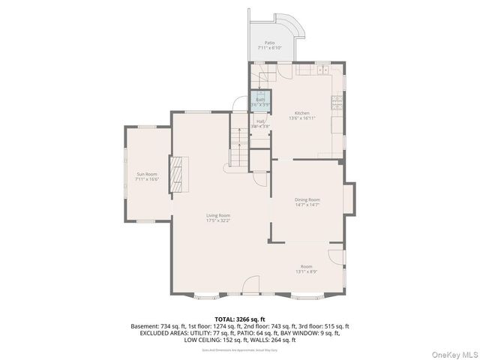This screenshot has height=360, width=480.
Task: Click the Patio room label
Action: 269,45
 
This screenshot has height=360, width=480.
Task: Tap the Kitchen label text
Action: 301,115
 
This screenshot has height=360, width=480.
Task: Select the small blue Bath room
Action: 260,100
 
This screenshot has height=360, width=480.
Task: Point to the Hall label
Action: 260,123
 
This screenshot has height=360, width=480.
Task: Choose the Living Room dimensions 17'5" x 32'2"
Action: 218,220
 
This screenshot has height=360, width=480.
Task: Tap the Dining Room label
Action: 307,202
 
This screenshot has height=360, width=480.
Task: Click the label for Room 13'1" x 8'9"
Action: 307,268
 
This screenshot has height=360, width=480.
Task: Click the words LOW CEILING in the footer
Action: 203,340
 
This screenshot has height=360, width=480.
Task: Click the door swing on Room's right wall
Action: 337,257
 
